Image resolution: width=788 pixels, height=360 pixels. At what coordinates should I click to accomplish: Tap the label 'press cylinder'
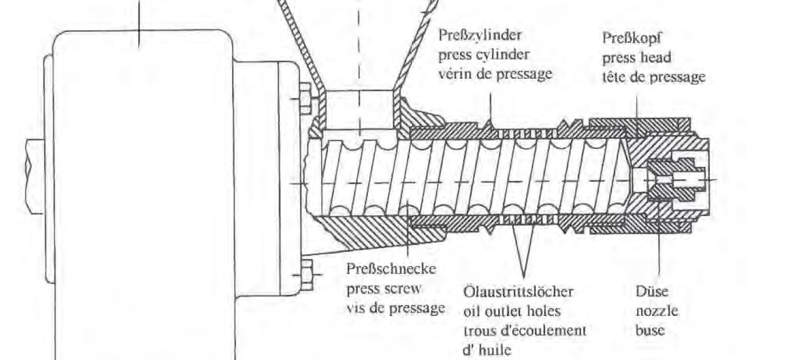[483, 55]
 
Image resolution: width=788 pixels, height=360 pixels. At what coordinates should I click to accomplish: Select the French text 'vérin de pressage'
[495, 74]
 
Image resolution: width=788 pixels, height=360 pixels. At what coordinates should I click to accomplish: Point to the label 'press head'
[637, 57]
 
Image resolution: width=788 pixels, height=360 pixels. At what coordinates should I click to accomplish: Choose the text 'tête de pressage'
[654, 77]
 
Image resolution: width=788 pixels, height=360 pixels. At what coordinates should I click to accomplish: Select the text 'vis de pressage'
[395, 309]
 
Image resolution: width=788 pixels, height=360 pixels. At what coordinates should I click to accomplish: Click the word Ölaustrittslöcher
[518, 291]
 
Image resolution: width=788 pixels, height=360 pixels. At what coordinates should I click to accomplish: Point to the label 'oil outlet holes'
[511, 311]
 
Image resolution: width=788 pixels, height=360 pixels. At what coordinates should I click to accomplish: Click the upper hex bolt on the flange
[306, 99]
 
